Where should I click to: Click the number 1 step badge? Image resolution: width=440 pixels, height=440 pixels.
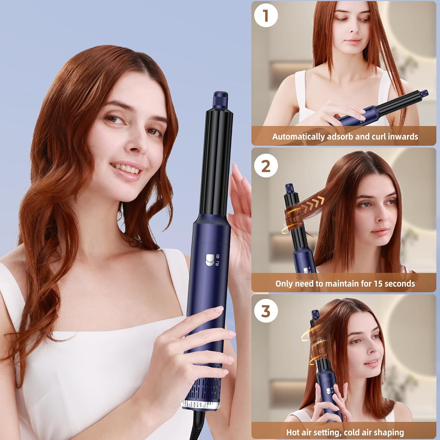[266, 16]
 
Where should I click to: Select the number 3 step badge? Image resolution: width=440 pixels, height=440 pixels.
[266, 311]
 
